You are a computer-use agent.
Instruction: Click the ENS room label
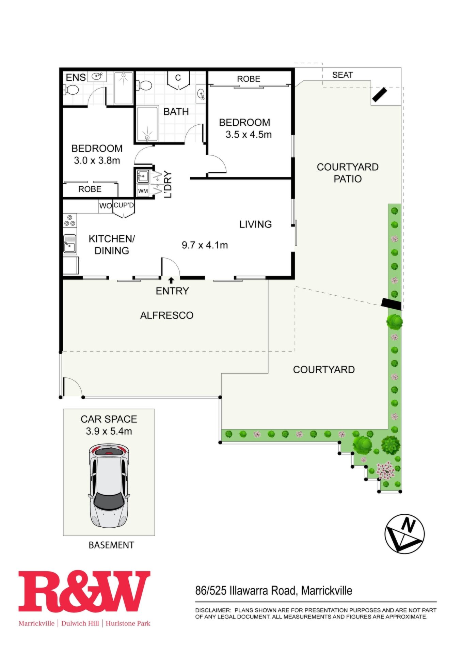coord(76,77)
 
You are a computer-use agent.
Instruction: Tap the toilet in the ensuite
coord(71,90)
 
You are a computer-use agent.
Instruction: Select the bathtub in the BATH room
coord(147,124)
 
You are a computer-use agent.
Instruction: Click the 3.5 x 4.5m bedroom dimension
coord(249,135)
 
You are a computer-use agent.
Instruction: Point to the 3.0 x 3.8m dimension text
coord(97,160)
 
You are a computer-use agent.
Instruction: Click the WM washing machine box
coord(143,191)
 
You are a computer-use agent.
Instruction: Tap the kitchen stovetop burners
coord(70,220)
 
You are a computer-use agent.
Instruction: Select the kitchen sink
coord(70,244)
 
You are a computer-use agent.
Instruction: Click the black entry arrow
coord(171,280)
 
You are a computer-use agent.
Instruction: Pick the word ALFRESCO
coord(167,315)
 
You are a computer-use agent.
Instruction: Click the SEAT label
coord(342,75)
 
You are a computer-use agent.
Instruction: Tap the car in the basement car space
coord(109,486)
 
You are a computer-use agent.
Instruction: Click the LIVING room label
coord(255,224)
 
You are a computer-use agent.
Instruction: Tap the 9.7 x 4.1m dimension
coord(205,245)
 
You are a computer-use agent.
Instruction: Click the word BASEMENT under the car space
coord(111,545)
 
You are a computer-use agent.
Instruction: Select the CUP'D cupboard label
coord(124,205)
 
